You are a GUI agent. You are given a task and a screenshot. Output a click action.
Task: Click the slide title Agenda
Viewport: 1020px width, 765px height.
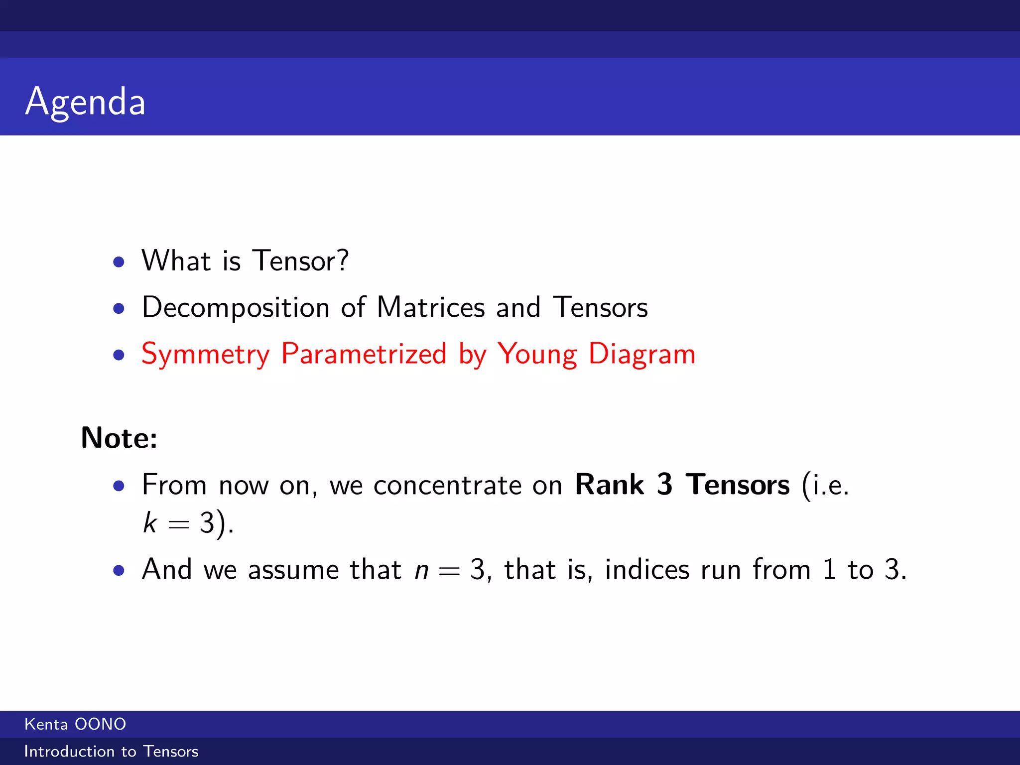[85, 102]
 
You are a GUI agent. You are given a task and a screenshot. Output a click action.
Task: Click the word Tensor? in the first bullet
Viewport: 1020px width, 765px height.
[300, 260]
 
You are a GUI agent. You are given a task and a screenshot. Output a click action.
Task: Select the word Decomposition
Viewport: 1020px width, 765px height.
[235, 307]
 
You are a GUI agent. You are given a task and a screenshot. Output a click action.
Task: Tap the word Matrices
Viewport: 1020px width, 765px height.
[430, 307]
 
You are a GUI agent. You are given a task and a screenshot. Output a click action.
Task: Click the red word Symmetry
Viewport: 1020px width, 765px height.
[205, 354]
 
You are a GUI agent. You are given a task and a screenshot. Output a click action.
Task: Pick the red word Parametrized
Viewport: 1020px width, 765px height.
[364, 354]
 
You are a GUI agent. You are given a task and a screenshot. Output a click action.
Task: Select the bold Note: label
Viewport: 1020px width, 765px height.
[119, 438]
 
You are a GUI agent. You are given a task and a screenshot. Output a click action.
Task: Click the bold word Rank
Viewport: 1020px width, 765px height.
[609, 484]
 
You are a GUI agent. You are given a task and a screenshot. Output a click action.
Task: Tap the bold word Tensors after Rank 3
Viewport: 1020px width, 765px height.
[737, 484]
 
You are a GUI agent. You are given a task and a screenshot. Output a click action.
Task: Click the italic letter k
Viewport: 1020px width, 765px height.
[150, 523]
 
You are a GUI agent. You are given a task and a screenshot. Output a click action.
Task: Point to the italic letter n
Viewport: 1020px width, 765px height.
[421, 570]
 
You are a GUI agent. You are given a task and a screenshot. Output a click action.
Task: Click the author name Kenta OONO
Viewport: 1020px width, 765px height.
[75, 724]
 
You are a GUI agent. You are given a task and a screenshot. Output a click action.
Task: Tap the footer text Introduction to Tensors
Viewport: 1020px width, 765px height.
[111, 752]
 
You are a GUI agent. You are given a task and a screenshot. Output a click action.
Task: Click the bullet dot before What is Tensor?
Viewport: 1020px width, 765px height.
[119, 262]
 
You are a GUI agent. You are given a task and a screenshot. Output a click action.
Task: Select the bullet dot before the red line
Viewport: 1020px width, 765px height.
[119, 355]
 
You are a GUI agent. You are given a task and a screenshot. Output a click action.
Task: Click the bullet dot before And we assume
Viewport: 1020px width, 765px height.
[119, 570]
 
